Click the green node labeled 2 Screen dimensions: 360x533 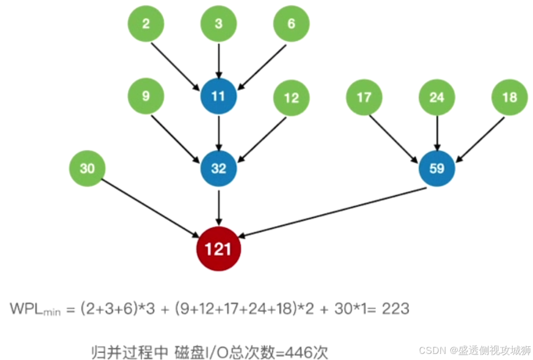pos(146,24)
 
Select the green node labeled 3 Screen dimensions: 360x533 pos(219,24)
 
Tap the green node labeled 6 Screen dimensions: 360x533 pos(292,24)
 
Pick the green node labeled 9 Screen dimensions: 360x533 pos(146,96)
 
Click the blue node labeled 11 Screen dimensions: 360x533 pos(219,96)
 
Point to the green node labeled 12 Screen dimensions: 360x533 pos(292,98)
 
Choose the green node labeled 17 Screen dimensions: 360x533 pos(364,98)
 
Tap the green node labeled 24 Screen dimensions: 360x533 pos(437,98)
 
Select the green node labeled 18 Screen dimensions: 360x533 pos(509,98)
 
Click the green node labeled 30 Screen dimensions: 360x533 pos(87,169)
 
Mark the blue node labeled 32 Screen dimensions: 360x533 pos(219,169)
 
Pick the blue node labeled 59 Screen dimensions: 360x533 pos(437,169)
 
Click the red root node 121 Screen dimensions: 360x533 pos(219,249)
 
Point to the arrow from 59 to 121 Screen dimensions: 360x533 pos(331,213)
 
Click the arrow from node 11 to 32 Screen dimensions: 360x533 pos(219,132)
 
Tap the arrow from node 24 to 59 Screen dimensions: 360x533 pos(437,132)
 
